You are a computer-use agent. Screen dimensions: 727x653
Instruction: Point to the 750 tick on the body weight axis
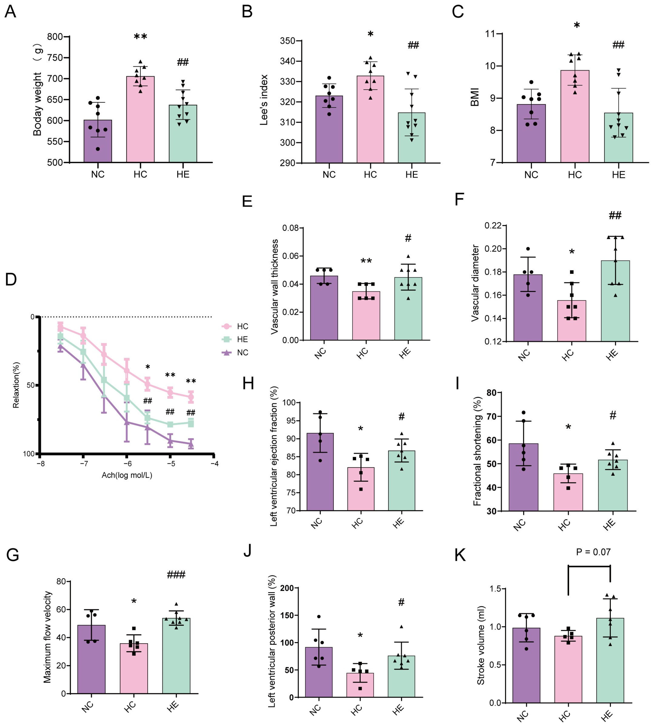(55, 58)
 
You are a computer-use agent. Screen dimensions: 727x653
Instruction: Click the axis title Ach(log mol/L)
(127, 475)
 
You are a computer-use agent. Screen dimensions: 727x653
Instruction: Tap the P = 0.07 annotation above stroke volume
(593, 552)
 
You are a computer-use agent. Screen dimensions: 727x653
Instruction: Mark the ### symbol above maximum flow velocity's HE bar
(176, 575)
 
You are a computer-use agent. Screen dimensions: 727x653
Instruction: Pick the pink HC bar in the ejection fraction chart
(361, 489)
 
